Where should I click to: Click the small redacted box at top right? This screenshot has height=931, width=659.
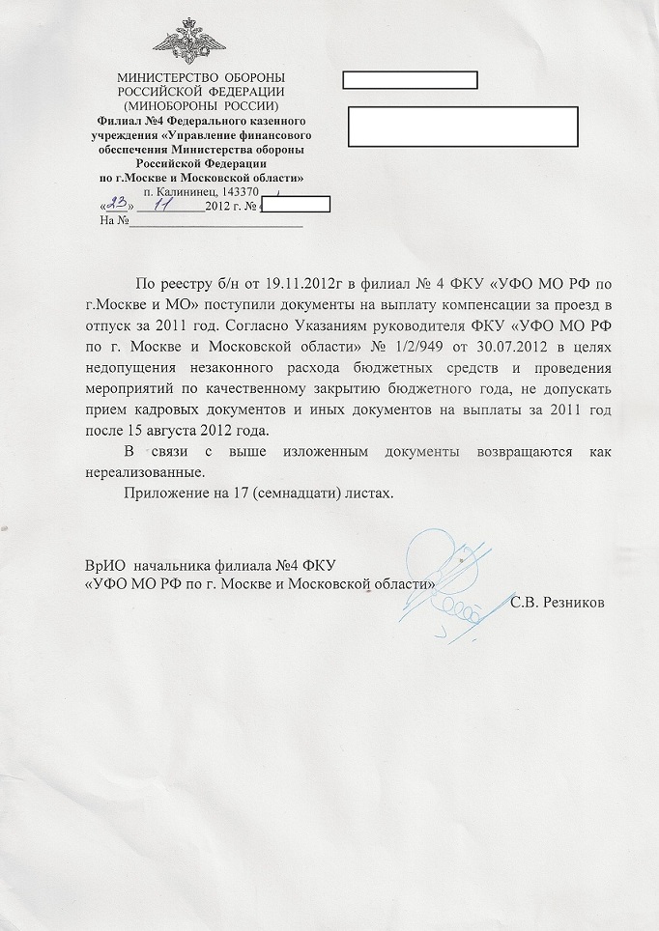point(411,79)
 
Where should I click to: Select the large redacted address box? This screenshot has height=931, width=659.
point(462,126)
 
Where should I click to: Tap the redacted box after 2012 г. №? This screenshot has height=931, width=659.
point(296,204)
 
